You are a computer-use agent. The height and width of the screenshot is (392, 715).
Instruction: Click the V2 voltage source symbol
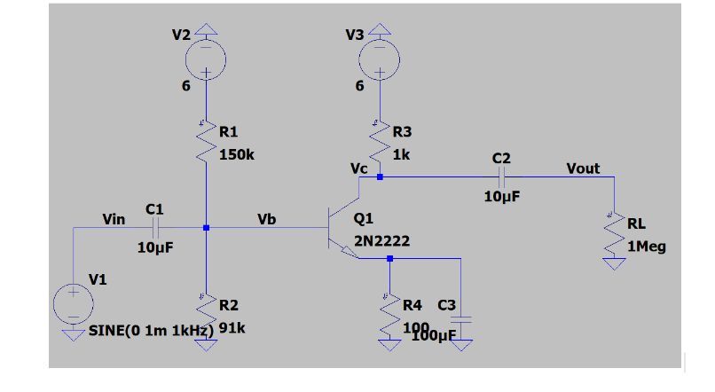205,60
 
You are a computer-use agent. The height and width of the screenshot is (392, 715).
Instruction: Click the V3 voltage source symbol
379,60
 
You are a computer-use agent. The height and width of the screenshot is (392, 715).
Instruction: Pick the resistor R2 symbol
206,316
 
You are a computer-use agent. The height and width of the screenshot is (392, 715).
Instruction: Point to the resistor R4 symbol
389,316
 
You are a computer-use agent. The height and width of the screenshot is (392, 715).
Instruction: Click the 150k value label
237,153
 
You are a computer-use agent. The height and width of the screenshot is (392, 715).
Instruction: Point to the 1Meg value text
646,247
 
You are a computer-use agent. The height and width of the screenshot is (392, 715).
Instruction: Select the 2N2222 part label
381,240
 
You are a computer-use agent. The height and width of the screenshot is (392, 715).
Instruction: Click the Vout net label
583,168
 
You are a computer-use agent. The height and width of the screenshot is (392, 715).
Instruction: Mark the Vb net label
266,218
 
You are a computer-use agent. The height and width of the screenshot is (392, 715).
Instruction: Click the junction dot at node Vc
380,177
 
